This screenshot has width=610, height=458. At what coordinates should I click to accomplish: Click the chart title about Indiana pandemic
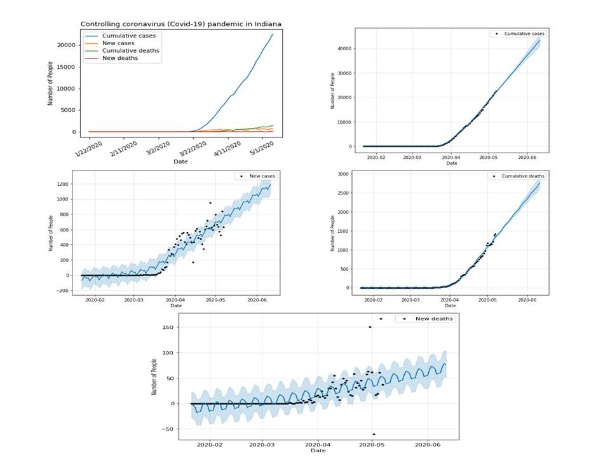[181, 24]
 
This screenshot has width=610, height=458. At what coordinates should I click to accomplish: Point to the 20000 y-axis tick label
[67, 45]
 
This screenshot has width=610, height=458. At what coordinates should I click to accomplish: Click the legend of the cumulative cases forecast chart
[517, 33]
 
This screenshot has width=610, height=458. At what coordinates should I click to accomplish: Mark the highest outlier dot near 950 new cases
[210, 203]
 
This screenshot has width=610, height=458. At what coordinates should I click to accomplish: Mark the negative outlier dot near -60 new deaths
[374, 434]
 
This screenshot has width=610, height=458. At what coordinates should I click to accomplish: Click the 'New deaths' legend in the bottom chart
[425, 319]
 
